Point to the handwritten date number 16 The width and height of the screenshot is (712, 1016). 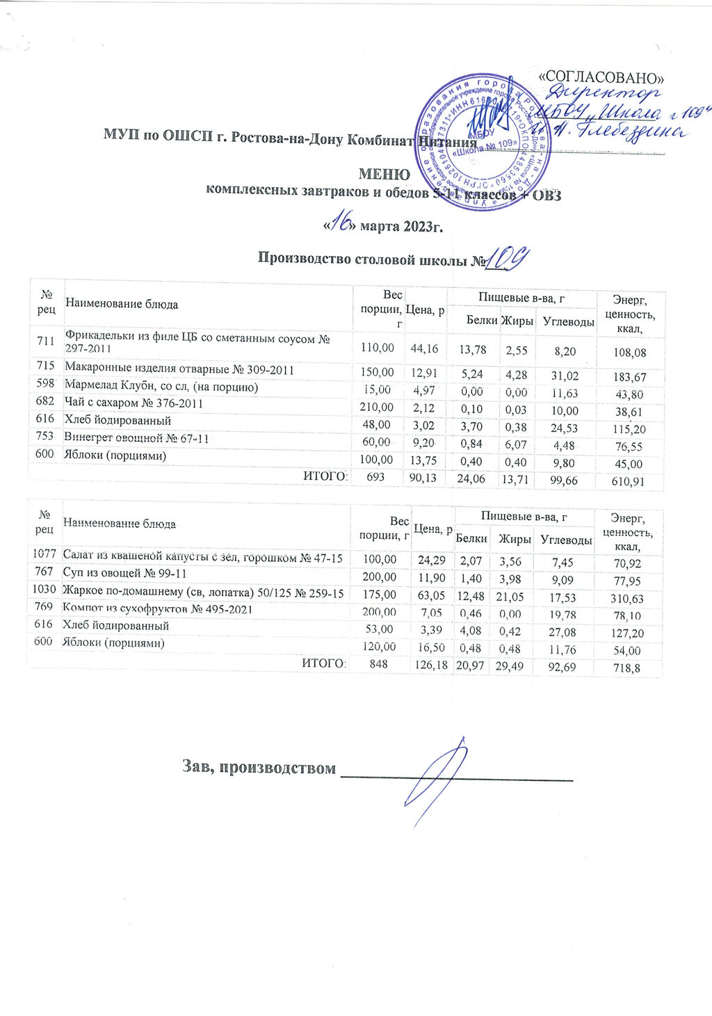point(341,224)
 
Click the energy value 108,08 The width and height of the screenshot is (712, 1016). point(629,353)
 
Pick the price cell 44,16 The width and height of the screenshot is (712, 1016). point(426,347)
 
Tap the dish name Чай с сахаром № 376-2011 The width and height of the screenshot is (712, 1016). point(133,403)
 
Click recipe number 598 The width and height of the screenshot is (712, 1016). point(45,387)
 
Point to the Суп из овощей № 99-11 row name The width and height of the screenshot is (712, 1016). point(124,574)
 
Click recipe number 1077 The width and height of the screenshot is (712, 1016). point(44,556)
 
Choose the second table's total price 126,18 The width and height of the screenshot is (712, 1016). point(432,666)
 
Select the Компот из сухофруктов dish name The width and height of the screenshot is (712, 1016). point(157,609)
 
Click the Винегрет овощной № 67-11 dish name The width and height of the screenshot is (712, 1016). point(137,438)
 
